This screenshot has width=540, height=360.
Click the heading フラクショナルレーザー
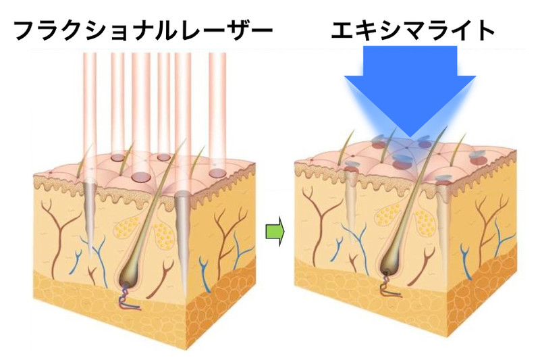[142, 30]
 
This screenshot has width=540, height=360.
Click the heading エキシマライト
[413, 30]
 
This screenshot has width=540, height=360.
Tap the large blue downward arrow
[410, 88]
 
